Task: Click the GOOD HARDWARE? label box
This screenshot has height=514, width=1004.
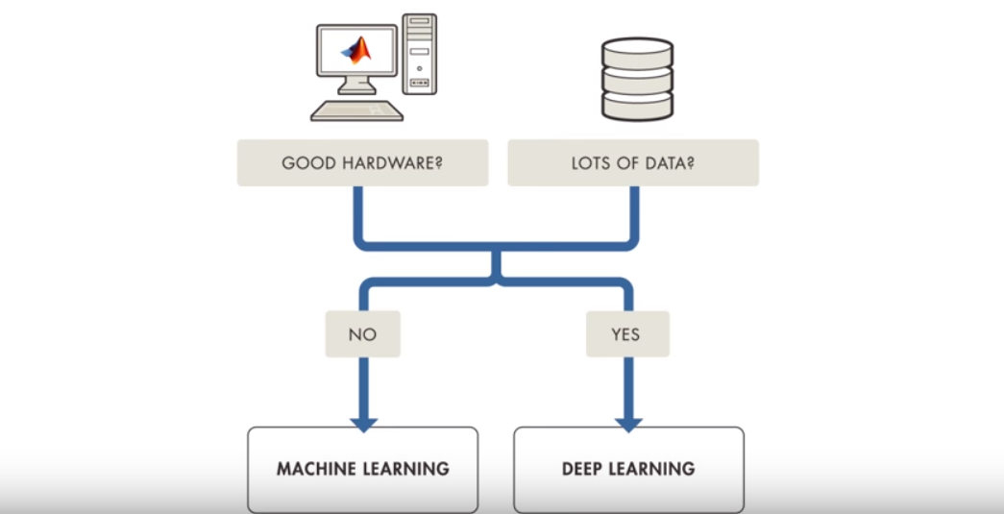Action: (361, 162)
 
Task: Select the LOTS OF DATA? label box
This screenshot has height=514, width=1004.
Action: (632, 162)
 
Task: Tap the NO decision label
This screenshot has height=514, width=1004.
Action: (362, 334)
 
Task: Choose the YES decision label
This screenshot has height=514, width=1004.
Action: (626, 334)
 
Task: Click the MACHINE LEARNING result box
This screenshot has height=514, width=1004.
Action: (362, 469)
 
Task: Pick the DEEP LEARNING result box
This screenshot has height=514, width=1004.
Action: (628, 469)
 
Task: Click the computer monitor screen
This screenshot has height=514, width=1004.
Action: (355, 52)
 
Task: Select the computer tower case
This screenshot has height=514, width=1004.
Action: (420, 54)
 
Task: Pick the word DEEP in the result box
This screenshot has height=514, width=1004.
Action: (584, 469)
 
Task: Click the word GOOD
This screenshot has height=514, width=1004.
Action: (306, 162)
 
